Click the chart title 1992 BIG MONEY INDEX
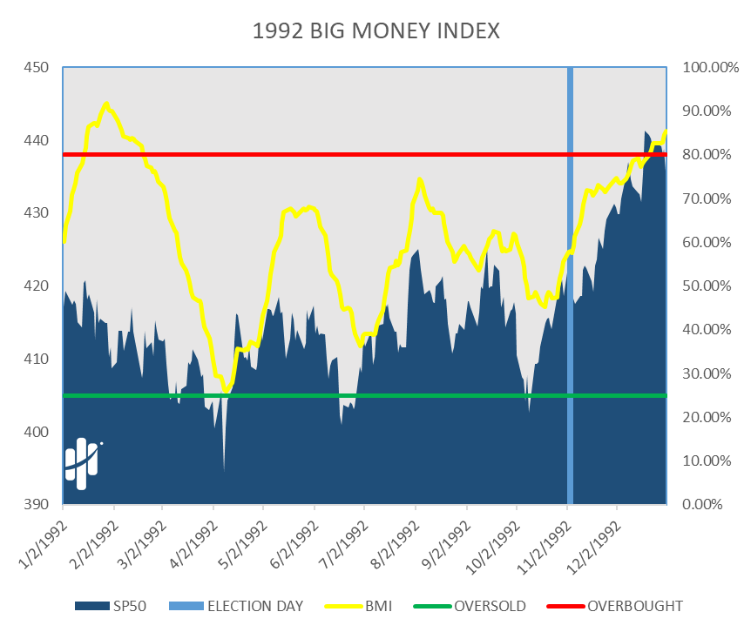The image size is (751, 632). tap(375, 32)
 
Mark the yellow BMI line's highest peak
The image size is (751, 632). tap(106, 104)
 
